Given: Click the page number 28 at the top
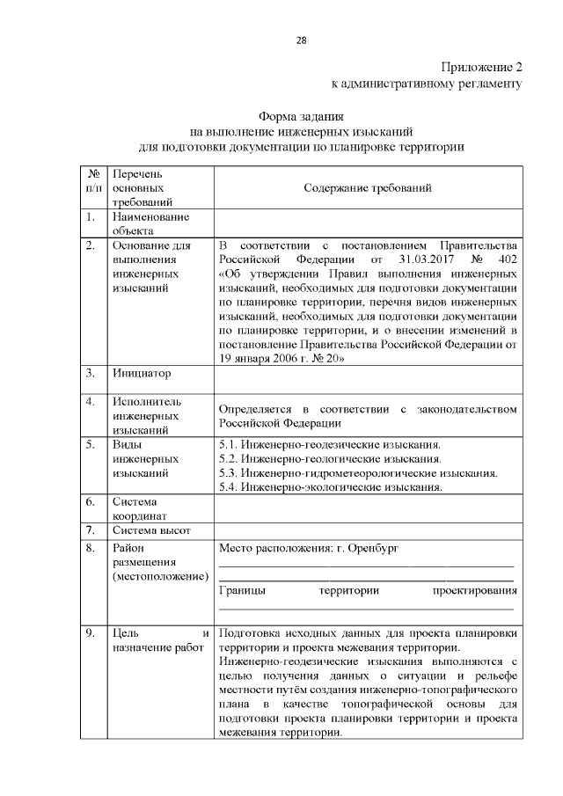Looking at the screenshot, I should pyautogui.click(x=302, y=40).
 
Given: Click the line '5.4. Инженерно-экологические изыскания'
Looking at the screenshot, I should pyautogui.click(x=330, y=486).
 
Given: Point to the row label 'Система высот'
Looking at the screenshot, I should pyautogui.click(x=149, y=530).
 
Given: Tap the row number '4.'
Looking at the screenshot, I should pyautogui.click(x=91, y=401).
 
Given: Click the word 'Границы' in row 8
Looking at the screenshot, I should pyautogui.click(x=243, y=591).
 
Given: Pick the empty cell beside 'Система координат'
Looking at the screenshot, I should pyautogui.click(x=368, y=509).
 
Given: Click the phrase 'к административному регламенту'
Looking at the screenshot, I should pyautogui.click(x=427, y=84).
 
